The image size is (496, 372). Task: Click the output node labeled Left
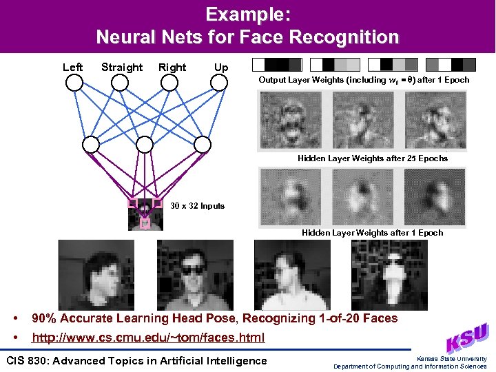(74, 83)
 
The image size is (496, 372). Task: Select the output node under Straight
(120, 83)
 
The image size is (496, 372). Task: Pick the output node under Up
(219, 83)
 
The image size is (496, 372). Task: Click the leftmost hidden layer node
(91, 144)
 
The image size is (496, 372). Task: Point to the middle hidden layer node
(145, 144)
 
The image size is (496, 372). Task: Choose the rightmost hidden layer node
(202, 144)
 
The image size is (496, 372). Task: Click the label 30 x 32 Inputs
(197, 206)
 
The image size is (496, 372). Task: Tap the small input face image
(145, 214)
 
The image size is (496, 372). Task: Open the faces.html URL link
(148, 338)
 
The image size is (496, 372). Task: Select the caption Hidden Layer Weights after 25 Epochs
(372, 158)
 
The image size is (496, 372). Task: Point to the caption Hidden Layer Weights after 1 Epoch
(372, 233)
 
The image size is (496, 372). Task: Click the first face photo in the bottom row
(87, 274)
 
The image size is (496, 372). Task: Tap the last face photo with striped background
(380, 274)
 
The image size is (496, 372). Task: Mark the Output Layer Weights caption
(364, 80)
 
